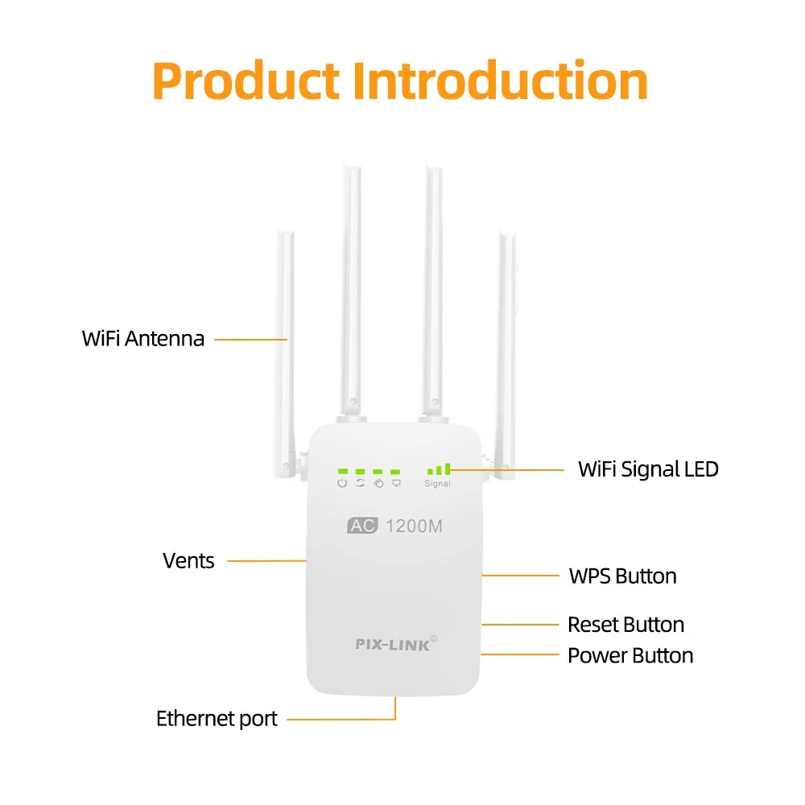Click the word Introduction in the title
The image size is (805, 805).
pyautogui.click(x=501, y=81)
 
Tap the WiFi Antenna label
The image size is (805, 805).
pyautogui.click(x=143, y=338)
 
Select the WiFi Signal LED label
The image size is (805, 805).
pyautogui.click(x=648, y=469)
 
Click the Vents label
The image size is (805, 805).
pyautogui.click(x=188, y=560)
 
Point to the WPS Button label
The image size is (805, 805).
pyautogui.click(x=622, y=576)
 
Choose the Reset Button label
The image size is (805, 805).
pyautogui.click(x=625, y=625)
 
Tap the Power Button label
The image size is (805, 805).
pyautogui.click(x=630, y=655)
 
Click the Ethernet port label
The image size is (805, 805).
pyautogui.click(x=217, y=718)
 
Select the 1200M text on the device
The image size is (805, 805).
pyautogui.click(x=415, y=527)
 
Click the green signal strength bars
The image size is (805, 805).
pyautogui.click(x=440, y=468)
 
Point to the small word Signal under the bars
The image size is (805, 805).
pyautogui.click(x=437, y=484)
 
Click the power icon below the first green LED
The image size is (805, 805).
pyautogui.click(x=342, y=483)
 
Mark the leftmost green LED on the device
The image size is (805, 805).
pyautogui.click(x=342, y=471)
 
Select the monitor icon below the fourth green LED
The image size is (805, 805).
pyautogui.click(x=396, y=483)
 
